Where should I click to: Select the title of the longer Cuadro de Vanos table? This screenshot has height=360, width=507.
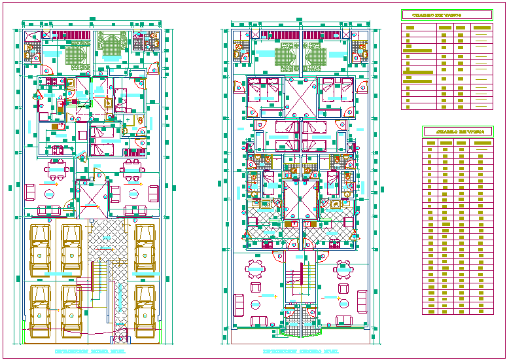(458, 132)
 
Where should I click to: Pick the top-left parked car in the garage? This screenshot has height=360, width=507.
(40, 249)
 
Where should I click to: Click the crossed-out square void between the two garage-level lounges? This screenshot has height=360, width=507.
(92, 199)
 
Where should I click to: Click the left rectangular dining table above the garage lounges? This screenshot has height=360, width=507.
(58, 169)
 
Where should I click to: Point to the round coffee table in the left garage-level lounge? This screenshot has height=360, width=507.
(49, 194)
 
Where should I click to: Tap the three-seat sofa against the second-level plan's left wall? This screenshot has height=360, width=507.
(239, 304)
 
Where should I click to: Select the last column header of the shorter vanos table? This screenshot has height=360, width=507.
(481, 27)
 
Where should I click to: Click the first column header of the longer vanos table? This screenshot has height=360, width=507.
(430, 142)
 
